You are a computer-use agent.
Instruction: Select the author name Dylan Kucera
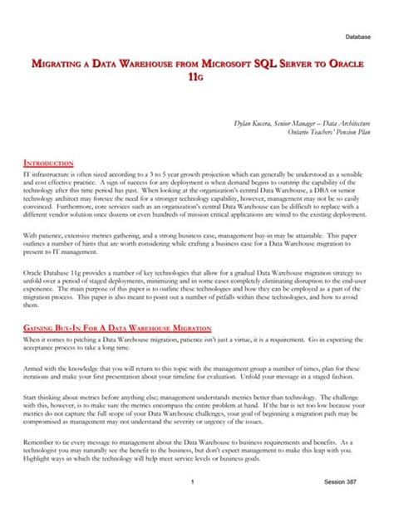pos(255,123)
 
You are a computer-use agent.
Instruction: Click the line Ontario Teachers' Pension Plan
pos(328,131)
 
